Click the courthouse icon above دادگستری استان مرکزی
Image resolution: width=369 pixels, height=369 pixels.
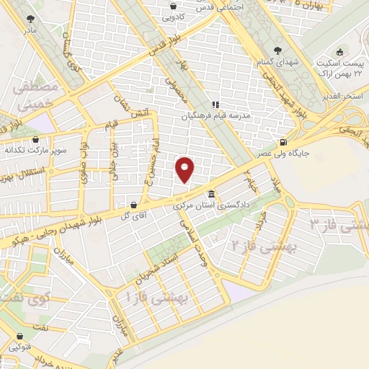click(210, 195)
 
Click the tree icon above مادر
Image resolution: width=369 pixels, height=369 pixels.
click(30, 19)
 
